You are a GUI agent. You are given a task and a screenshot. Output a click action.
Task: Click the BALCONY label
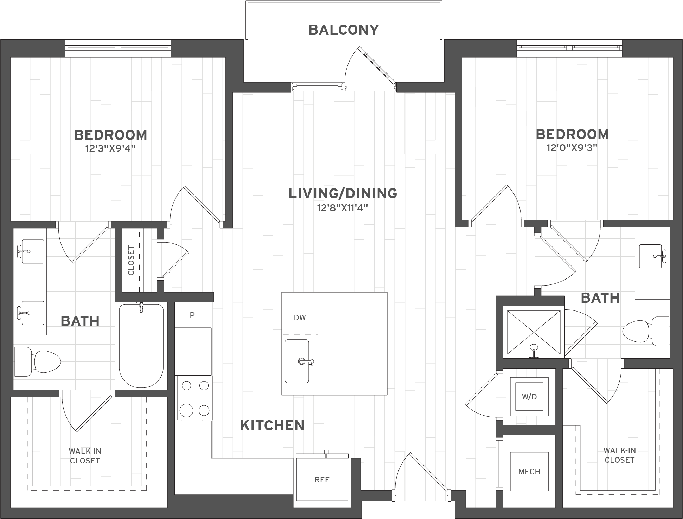pos(344,30)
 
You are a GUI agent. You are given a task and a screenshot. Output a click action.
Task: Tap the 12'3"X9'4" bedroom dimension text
pos(110,149)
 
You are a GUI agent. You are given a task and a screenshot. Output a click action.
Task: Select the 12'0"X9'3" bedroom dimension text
pos(572,148)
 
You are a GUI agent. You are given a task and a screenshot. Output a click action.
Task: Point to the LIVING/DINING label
pos(343,193)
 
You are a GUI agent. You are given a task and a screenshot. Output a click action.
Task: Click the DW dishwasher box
pos(300,318)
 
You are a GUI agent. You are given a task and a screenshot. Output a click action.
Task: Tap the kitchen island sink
pos(297,361)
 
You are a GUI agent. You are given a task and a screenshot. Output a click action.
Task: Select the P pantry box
pos(192,315)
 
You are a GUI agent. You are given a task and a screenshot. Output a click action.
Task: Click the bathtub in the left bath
pos(141,346)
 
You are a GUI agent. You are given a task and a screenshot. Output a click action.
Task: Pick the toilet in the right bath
pos(646,331)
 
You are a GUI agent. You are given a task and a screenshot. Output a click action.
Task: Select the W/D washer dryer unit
pos(529,397)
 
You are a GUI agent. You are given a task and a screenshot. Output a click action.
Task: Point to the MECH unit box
pos(529,472)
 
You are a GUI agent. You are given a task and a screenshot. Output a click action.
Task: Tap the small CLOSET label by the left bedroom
pos(131,261)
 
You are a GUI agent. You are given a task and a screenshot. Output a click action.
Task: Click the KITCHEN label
pos(272,425)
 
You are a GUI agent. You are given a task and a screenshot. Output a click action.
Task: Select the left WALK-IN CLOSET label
pos(85,456)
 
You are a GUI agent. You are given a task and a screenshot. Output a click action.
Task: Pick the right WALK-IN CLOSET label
pos(619,455)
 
